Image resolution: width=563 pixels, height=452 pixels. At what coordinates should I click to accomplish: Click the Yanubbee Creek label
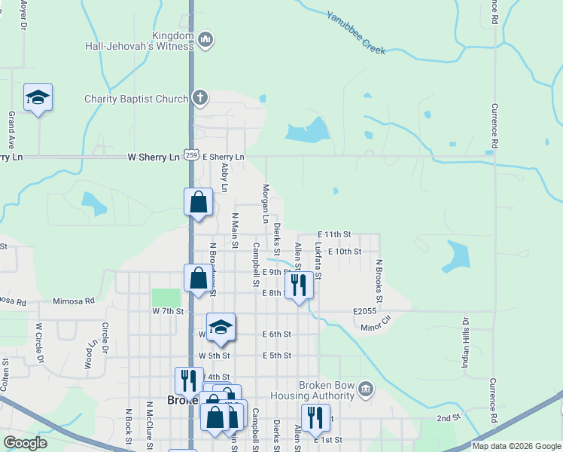[356, 32]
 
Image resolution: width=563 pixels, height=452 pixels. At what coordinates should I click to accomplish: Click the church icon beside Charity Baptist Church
[199, 97]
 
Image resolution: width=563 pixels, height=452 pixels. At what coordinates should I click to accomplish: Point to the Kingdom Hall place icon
[206, 40]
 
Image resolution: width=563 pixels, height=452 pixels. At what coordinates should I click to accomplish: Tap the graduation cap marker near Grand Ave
[38, 98]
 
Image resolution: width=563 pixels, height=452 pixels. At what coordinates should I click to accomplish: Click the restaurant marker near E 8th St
[299, 285]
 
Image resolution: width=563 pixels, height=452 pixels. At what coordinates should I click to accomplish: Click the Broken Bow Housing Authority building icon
[366, 389]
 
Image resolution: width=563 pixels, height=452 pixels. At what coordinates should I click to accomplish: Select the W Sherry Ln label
[154, 157]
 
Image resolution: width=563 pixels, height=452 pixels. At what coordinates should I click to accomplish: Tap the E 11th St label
[334, 235]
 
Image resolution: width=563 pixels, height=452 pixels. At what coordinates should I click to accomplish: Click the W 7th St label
[168, 310]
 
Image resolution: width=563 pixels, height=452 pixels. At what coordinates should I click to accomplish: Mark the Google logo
[26, 443]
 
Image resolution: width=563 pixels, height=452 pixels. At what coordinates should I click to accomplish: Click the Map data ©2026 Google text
[516, 446]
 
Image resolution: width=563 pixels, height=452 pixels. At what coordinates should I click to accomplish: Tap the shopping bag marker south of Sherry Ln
[197, 203]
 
